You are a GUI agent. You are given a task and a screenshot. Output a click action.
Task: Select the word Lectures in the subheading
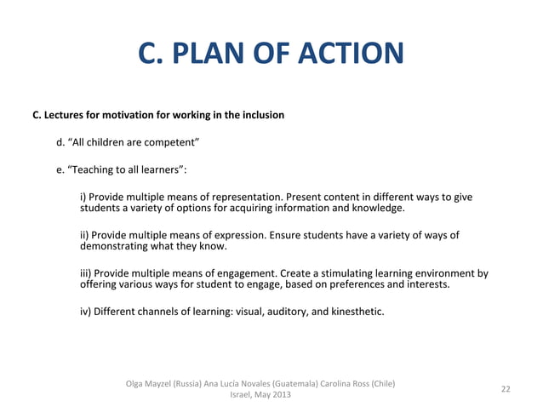tap(64, 114)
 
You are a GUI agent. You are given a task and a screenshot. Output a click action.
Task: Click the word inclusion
tap(260, 114)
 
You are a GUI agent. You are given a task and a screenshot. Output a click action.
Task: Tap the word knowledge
tap(375, 208)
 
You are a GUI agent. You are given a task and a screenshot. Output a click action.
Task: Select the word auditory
tap(285, 312)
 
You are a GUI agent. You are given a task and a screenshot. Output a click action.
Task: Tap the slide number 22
tap(506, 389)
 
